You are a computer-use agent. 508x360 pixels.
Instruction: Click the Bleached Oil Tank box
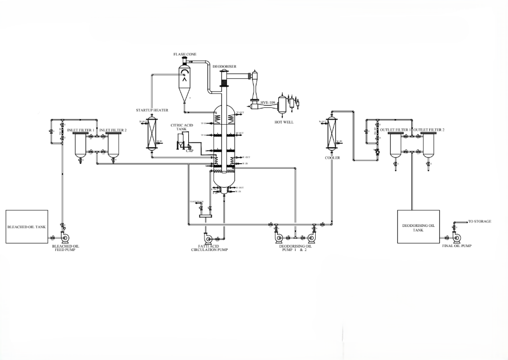click(x=30, y=227)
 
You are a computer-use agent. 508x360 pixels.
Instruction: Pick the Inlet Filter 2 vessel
click(x=113, y=145)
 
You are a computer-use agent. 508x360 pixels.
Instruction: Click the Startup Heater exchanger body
click(x=150, y=134)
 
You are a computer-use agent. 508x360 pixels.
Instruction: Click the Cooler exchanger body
click(x=331, y=134)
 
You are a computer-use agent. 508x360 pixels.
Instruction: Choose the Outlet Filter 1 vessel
click(x=395, y=145)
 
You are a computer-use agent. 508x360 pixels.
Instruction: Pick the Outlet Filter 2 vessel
click(x=429, y=145)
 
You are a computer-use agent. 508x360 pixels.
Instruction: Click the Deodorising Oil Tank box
click(x=417, y=226)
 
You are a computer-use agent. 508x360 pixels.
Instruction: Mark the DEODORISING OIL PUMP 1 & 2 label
click(x=293, y=248)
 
